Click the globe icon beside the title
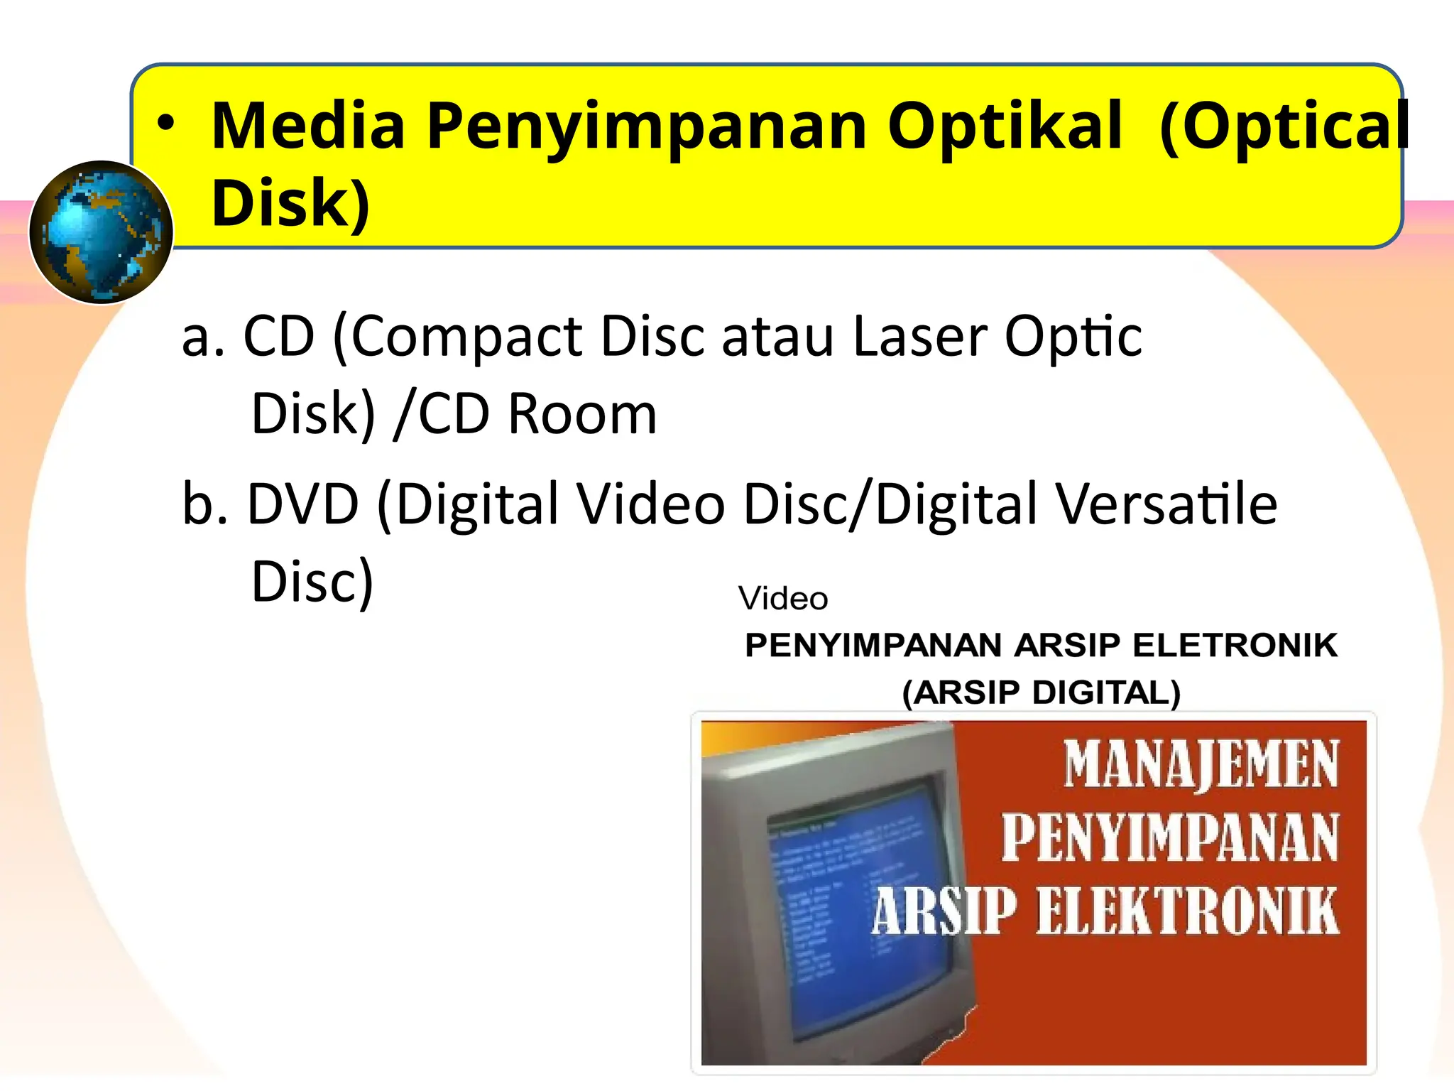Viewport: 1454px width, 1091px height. coord(101,232)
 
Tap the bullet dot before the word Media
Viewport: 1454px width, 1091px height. coord(165,124)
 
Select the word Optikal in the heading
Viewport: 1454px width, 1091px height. coord(1005,128)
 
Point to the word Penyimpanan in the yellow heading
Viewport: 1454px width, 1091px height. coord(647,128)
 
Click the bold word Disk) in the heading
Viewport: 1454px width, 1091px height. coord(290,205)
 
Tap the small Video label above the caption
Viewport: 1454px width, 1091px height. coord(783,598)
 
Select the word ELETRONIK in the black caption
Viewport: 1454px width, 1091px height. coord(1235,646)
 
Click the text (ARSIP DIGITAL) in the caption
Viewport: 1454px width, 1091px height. coord(1041,693)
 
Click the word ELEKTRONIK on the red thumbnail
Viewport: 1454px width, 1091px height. coord(1187,911)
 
